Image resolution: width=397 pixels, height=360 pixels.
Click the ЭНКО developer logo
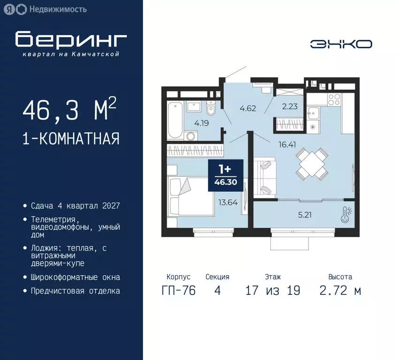tap(341, 44)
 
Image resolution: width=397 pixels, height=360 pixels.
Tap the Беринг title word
tap(71, 40)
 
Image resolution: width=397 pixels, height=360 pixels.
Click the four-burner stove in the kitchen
tap(334, 100)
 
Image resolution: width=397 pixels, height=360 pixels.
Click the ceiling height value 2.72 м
tap(340, 291)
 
